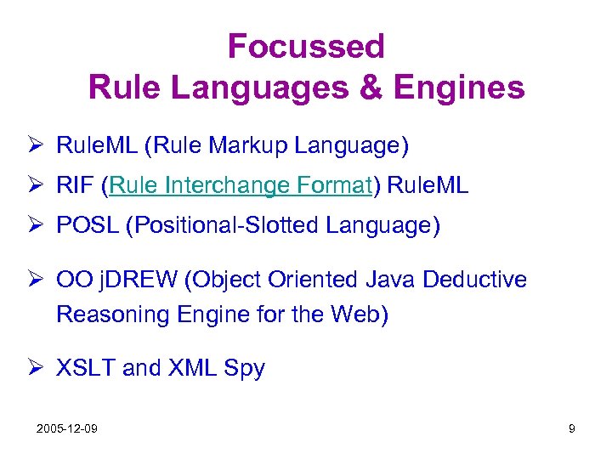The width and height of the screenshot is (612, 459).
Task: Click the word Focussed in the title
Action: pos(306,46)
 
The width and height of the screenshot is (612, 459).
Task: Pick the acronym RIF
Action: pos(76,186)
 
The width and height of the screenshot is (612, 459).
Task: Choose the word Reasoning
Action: pos(113,314)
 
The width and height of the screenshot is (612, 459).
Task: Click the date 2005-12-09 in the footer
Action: pos(66,428)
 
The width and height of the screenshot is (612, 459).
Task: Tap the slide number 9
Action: pos(572,428)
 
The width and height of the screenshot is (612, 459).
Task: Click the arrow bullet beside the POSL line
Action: pos(39,227)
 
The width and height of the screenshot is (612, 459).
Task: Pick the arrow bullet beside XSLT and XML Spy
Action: pos(39,368)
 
